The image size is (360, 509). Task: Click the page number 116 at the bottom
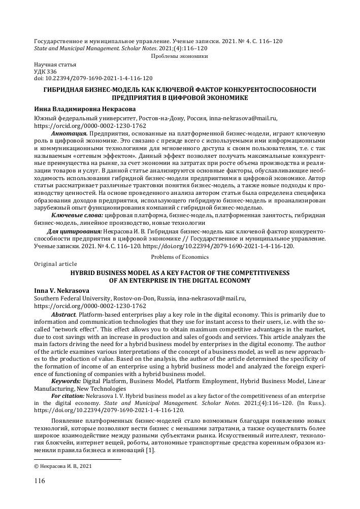pos(39,480)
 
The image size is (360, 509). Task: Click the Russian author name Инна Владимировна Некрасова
pos(85,108)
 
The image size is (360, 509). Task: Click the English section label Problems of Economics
pos(180,257)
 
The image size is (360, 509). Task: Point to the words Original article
pos(55,264)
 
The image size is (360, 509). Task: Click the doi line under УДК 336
pos(93,79)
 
